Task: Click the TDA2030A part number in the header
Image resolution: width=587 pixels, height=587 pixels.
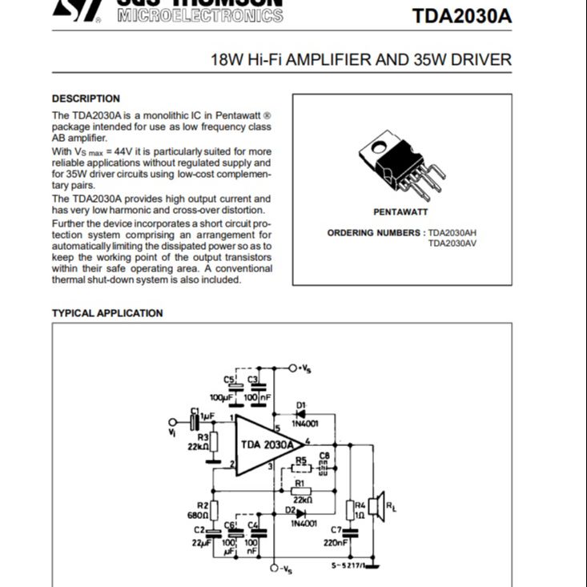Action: pos(461,16)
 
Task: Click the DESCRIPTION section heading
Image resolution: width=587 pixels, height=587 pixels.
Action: pos(86,99)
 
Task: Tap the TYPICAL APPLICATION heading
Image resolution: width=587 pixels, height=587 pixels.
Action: pos(107,313)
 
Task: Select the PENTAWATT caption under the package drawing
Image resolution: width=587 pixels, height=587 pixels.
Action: pos(400,212)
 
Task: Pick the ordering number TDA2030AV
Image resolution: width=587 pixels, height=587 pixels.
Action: pos(452,243)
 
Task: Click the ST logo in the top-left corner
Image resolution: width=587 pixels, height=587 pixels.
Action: pos(76,10)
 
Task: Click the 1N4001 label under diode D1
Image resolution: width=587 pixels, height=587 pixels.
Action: pos(304,424)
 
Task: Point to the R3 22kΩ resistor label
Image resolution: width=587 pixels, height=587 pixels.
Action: pos(199,441)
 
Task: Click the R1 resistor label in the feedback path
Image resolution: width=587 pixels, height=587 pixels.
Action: pos(300,484)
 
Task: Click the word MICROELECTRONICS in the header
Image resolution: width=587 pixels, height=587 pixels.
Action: pos(199,16)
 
